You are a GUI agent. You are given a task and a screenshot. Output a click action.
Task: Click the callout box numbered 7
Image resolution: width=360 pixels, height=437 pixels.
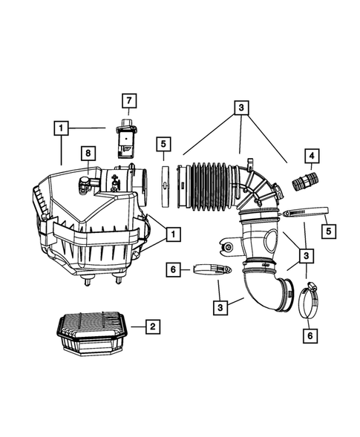(127, 100)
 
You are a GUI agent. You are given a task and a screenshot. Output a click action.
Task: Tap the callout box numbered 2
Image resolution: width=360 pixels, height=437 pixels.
(151, 326)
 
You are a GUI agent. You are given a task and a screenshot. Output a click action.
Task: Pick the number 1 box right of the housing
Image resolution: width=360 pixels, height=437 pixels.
(172, 234)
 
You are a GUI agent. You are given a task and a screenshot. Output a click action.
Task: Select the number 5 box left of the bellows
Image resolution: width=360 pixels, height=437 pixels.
(163, 144)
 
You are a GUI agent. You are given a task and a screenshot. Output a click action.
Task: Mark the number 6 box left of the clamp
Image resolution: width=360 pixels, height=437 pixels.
(172, 270)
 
